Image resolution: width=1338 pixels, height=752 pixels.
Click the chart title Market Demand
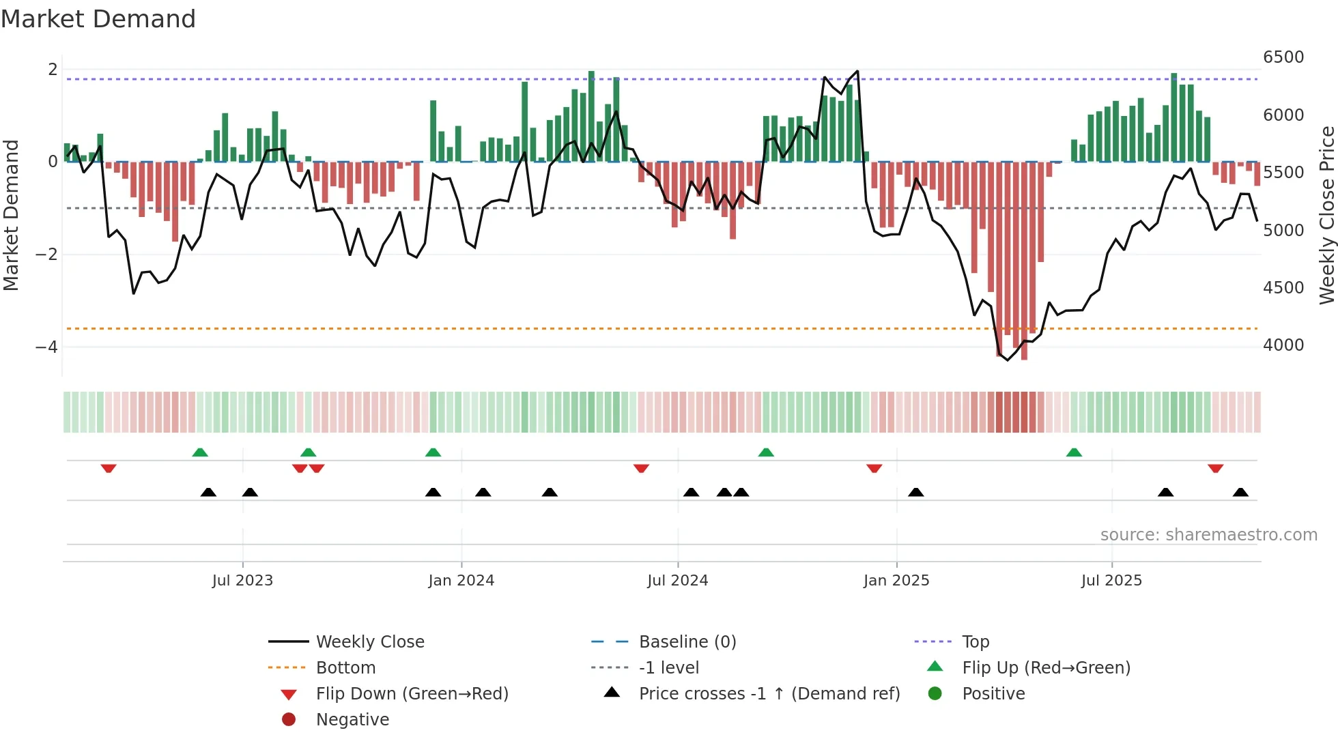pyautogui.click(x=98, y=19)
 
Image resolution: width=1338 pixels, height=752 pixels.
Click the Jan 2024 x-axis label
pyautogui.click(x=461, y=581)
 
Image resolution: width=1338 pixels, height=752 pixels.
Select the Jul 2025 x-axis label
pyautogui.click(x=1111, y=581)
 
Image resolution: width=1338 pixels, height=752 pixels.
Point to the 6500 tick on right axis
pyautogui.click(x=1283, y=57)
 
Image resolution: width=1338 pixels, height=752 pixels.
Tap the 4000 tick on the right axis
pyautogui.click(x=1283, y=345)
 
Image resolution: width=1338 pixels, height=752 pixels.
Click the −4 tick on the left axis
pyautogui.click(x=46, y=347)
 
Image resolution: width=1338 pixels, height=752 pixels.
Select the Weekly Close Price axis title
pyautogui.click(x=1326, y=215)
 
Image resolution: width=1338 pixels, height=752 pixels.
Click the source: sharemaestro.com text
pyautogui.click(x=1208, y=535)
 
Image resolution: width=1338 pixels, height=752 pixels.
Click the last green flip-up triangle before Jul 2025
pyautogui.click(x=1074, y=452)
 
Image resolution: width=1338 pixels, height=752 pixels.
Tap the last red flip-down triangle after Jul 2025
pyautogui.click(x=1215, y=468)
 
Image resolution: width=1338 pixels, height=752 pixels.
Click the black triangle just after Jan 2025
pyautogui.click(x=916, y=492)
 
